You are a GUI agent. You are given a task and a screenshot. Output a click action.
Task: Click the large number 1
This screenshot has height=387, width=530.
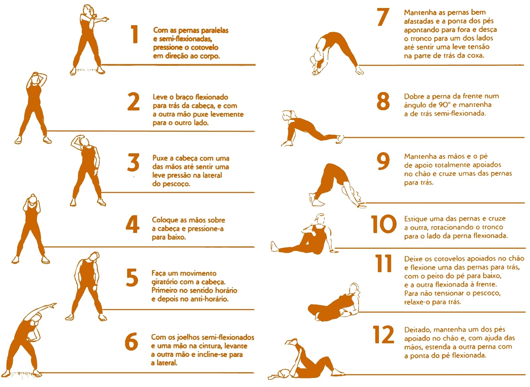[135, 34]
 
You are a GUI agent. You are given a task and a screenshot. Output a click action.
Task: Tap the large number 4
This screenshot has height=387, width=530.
[132, 224]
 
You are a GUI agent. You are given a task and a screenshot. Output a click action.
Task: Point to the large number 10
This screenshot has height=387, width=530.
[384, 224]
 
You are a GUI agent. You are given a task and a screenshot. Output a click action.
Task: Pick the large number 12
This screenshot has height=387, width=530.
[384, 334]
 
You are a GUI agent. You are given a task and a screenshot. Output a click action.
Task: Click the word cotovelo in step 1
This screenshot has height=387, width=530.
[204, 48]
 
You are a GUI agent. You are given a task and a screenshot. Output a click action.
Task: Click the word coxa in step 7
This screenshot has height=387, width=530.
[475, 56]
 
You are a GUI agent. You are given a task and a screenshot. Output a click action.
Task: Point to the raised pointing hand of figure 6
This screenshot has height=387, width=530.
[52, 305]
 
